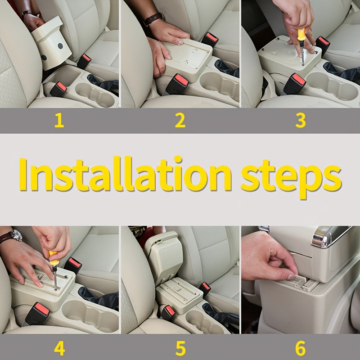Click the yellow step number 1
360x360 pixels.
tap(59, 121)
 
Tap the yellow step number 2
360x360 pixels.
tap(180, 121)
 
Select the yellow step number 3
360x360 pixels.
tap(301, 121)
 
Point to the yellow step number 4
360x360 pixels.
tap(59, 347)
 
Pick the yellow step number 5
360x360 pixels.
tap(180, 347)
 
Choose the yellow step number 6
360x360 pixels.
tap(301, 347)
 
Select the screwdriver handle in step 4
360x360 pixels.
tap(53, 258)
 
